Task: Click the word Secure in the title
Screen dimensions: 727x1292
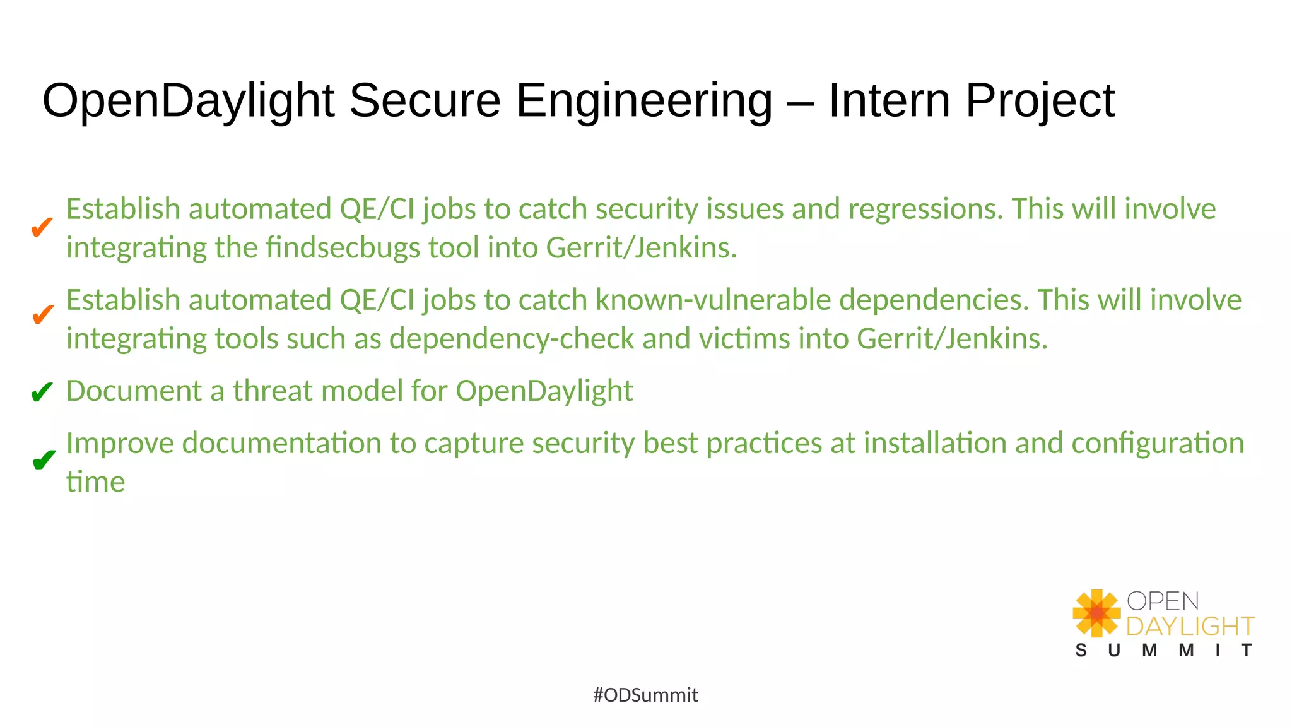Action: coord(425,100)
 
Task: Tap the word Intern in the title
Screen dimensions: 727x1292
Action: coord(889,100)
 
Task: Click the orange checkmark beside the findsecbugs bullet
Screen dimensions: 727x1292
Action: coord(42,227)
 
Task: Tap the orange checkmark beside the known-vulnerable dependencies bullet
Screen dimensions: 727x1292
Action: coord(42,314)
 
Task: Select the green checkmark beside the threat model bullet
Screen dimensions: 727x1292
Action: coord(42,393)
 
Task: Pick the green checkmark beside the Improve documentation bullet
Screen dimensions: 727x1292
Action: coord(43,461)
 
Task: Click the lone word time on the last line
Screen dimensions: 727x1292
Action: coord(95,483)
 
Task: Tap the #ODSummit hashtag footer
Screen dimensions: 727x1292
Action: coord(645,695)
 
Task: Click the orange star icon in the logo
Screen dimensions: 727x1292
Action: coord(1096,613)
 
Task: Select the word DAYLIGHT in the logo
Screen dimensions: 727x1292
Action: coord(1190,627)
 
